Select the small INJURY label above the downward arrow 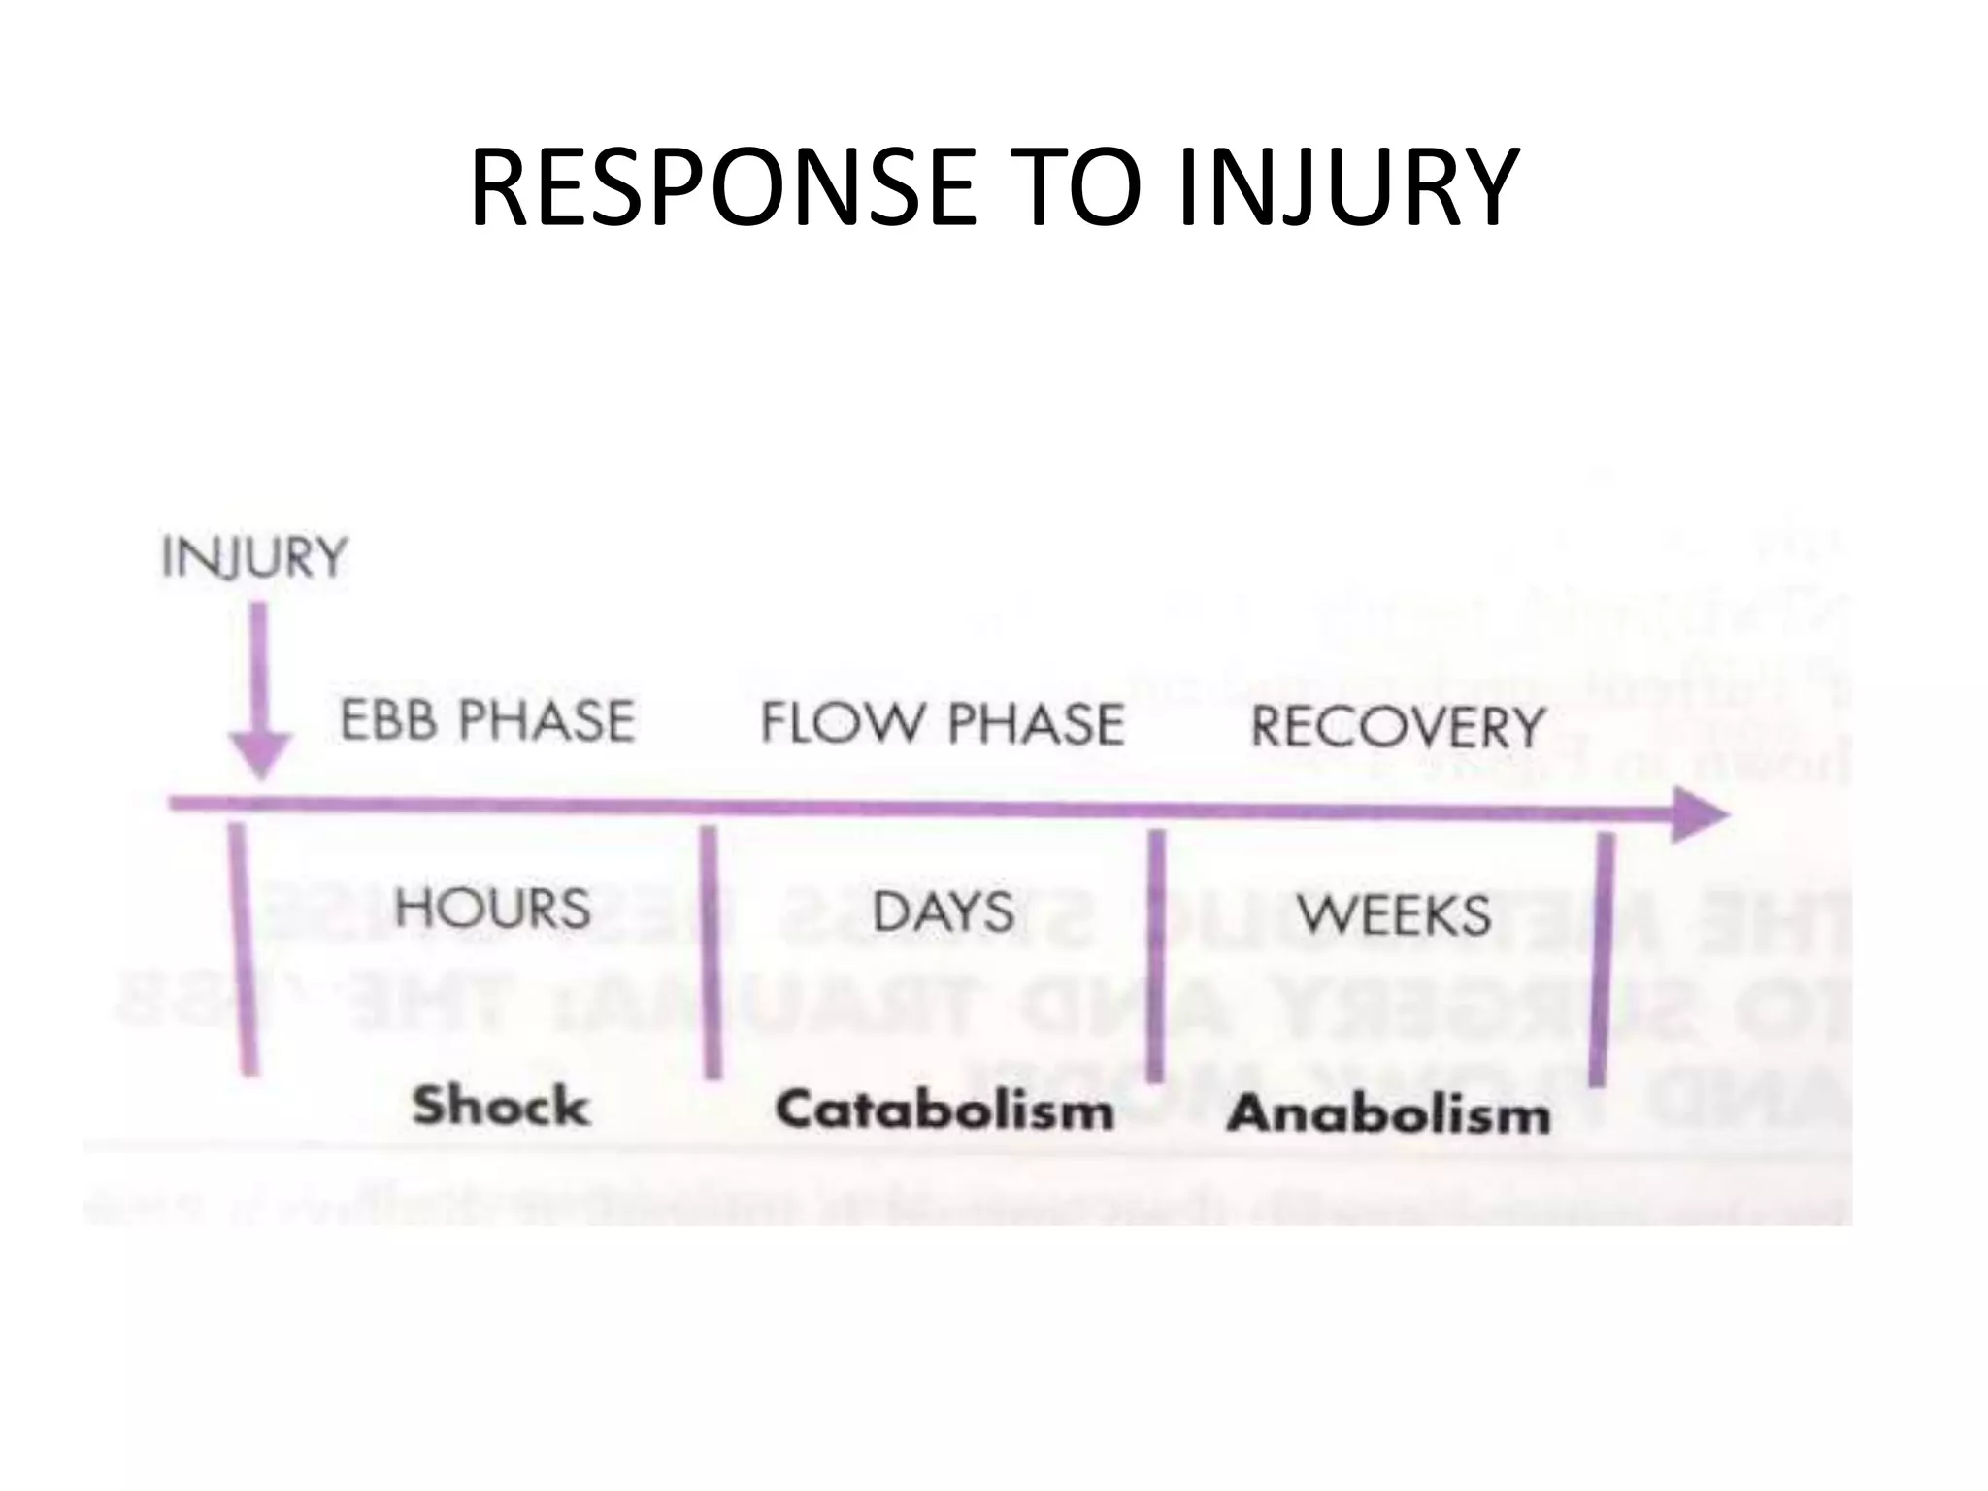pos(254,558)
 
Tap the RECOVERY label pos(1397,727)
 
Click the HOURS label pos(493,908)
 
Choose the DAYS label pos(944,912)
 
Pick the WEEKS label pos(1394,914)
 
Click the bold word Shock pos(501,1106)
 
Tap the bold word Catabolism pos(944,1110)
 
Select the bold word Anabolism pos(1388,1113)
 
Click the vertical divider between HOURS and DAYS pos(711,951)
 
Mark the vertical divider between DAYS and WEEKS pos(1155,956)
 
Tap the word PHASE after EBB pos(546,720)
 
